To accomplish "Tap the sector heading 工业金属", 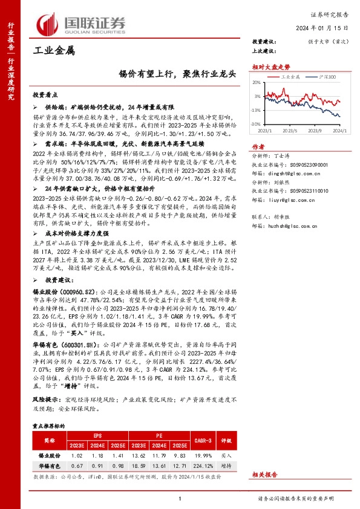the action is tap(53, 51).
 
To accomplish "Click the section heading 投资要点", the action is tap(45, 96).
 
